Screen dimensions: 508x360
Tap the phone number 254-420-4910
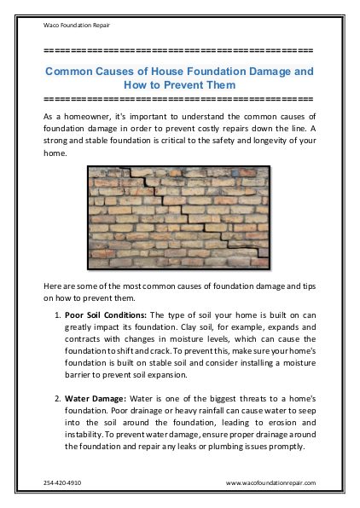62,482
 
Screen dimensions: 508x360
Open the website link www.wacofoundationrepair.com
270,482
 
